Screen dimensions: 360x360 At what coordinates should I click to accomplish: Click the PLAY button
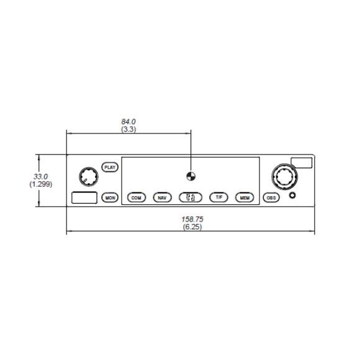110,167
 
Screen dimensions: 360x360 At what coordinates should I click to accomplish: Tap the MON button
110,197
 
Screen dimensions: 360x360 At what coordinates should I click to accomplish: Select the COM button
137,197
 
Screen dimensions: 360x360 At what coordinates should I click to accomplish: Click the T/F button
219,197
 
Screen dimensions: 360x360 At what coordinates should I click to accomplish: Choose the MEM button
245,197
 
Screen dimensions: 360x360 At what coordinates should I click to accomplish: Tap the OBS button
271,197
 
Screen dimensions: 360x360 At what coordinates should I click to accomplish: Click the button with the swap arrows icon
191,197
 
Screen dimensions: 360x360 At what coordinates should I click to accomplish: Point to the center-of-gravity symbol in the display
191,176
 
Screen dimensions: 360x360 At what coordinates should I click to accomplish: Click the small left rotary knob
89,177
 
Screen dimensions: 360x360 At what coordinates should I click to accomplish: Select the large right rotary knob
284,177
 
